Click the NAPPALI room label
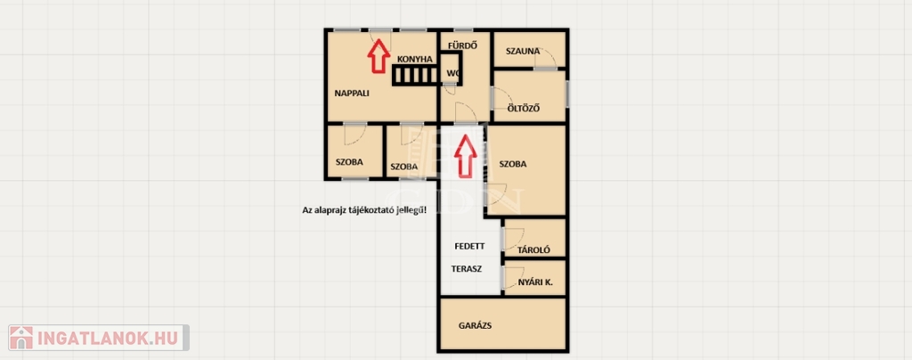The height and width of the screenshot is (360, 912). [352, 93]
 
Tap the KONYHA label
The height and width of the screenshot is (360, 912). [415, 60]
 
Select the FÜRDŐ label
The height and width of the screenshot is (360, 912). [463, 45]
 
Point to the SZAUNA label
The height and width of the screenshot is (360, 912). [523, 51]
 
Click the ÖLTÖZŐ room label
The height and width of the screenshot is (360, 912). [524, 108]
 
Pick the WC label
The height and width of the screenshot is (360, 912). [453, 73]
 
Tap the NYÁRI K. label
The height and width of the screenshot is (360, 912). [535, 282]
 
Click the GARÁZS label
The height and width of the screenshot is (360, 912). [476, 325]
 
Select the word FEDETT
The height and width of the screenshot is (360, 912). [469, 246]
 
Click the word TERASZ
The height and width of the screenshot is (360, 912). [467, 269]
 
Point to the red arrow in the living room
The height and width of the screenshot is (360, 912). [379, 56]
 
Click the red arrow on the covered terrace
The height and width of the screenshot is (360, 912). [465, 156]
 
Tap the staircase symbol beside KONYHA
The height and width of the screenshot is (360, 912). [415, 75]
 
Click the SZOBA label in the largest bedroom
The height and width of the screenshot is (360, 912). [512, 164]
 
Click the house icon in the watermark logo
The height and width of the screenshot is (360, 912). [21, 338]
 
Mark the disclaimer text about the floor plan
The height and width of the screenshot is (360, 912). [364, 210]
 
